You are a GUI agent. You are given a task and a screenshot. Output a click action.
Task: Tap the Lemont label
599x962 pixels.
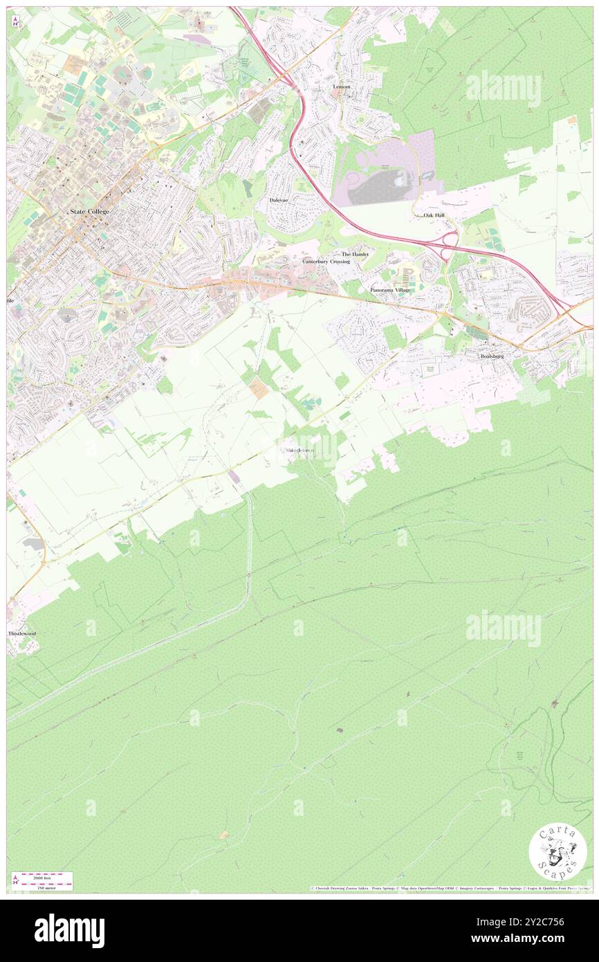[342, 87]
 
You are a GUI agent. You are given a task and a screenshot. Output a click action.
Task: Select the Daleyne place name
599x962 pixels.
[279, 200]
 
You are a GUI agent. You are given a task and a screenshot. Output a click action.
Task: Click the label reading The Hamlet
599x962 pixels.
[355, 255]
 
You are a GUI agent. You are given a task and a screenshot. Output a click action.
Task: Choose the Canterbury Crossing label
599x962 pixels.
[326, 262]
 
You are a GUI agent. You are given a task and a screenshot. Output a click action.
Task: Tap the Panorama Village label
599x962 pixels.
[389, 290]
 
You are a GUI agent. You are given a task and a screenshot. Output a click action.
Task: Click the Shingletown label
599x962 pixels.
[299, 451]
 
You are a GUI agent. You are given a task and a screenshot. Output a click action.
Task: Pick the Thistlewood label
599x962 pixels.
[21, 634]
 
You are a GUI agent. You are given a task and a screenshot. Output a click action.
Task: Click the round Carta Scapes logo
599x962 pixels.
[557, 853]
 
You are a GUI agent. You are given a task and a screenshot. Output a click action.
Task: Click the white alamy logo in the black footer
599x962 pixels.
[69, 930]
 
